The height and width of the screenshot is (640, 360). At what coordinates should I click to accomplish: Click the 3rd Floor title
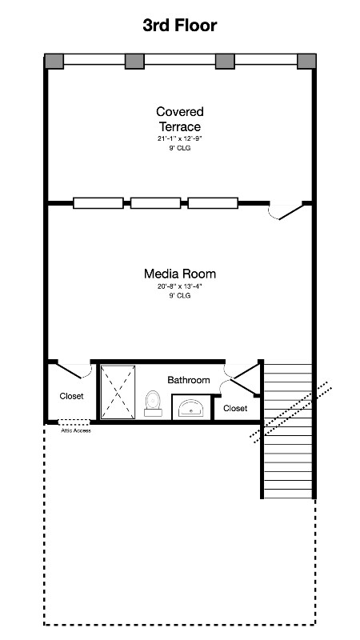pyautogui.click(x=180, y=26)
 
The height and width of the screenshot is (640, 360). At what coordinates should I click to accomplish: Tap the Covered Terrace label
pyautogui.click(x=180, y=118)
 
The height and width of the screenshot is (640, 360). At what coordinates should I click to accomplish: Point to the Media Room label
pyautogui.click(x=180, y=274)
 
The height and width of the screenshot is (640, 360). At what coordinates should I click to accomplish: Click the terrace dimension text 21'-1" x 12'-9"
pyautogui.click(x=180, y=138)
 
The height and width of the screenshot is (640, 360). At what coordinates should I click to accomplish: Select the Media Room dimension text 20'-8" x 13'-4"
pyautogui.click(x=180, y=286)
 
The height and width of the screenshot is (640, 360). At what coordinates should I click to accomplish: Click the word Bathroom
pyautogui.click(x=189, y=380)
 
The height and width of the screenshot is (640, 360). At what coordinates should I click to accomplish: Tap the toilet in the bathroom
pyautogui.click(x=153, y=404)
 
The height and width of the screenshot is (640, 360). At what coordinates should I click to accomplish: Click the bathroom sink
pyautogui.click(x=191, y=408)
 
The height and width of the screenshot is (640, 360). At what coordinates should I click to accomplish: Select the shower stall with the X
pyautogui.click(x=118, y=392)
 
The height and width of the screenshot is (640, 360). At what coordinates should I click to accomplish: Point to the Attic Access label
pyautogui.click(x=76, y=430)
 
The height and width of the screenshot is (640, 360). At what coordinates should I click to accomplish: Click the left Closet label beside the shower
pyautogui.click(x=71, y=396)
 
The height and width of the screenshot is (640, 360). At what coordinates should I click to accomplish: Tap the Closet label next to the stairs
pyautogui.click(x=235, y=408)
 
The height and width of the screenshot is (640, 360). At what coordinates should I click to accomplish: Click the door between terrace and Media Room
pyautogui.click(x=286, y=210)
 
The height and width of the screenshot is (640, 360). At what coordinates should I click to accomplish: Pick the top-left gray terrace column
pyautogui.click(x=54, y=62)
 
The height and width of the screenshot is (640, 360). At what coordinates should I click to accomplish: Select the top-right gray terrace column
pyautogui.click(x=306, y=62)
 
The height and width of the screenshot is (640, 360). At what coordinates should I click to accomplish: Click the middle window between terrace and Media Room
pyautogui.click(x=155, y=203)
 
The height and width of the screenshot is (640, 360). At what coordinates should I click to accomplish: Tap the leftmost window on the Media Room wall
pyautogui.click(x=98, y=203)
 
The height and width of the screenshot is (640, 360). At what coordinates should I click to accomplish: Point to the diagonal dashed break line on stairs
pyautogui.click(x=290, y=413)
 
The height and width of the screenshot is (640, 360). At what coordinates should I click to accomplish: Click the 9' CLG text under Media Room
pyautogui.click(x=180, y=295)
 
